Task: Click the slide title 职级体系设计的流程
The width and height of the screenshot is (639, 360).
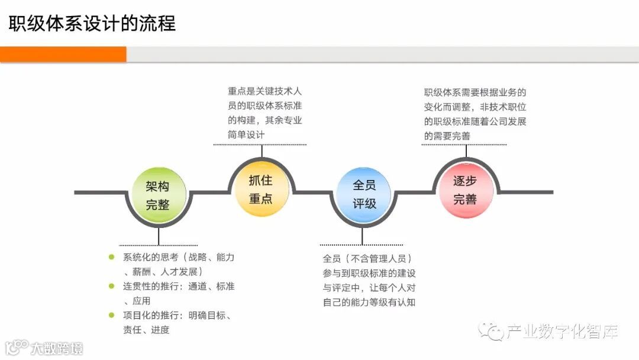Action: pyautogui.click(x=92, y=24)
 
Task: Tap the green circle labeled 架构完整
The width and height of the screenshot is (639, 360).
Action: pyautogui.click(x=158, y=195)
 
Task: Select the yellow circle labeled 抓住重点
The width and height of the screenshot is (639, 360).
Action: pyautogui.click(x=260, y=189)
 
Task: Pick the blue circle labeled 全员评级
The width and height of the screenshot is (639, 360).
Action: pyautogui.click(x=364, y=194)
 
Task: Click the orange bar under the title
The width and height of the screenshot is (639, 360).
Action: pyautogui.click(x=63, y=54)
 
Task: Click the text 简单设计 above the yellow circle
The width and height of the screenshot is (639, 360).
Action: pyautogui.click(x=246, y=134)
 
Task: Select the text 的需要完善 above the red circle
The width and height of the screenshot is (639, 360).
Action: pyautogui.click(x=448, y=136)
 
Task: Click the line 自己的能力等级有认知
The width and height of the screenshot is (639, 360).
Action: pyautogui.click(x=369, y=303)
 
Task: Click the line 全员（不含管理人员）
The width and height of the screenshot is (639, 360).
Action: pyautogui.click(x=367, y=258)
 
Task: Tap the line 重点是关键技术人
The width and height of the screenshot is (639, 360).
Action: pyautogui.click(x=265, y=92)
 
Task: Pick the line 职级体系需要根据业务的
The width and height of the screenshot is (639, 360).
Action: pyautogui.click(x=475, y=92)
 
